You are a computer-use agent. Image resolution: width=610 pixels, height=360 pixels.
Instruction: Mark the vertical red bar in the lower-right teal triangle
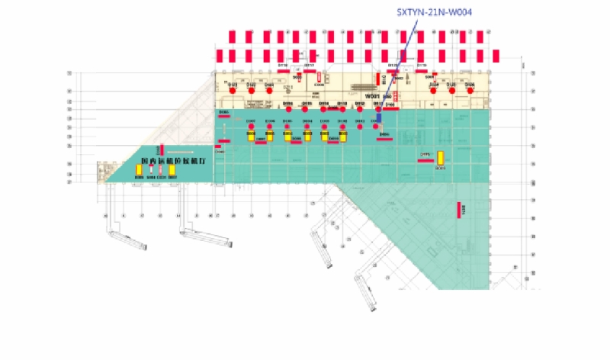[459, 211]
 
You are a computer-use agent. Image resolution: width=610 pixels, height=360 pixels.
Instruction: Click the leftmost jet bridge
[127, 238]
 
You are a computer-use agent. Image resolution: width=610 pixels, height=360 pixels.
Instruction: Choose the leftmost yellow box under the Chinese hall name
[140, 170]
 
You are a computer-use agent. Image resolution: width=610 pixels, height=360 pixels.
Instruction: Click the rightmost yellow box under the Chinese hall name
[172, 170]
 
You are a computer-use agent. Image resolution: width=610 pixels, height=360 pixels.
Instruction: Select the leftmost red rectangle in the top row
[233, 37]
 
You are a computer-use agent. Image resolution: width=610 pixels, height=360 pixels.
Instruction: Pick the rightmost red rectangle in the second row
[496, 56]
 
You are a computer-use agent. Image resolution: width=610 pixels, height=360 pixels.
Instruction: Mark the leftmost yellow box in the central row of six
[251, 136]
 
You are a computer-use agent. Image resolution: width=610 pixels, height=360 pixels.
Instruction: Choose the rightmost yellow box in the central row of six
[342, 136]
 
